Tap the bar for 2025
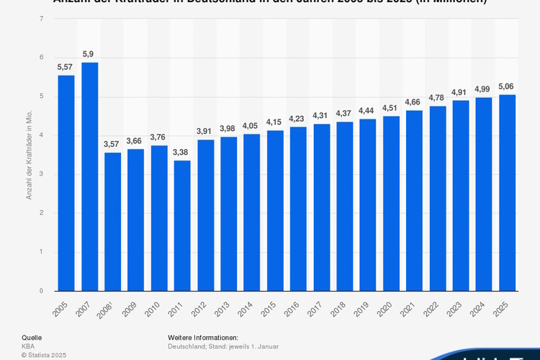click(x=508, y=193)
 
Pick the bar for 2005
click(x=66, y=183)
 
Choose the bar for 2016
click(x=298, y=209)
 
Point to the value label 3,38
click(x=182, y=152)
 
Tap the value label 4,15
click(x=275, y=122)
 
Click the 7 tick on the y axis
click(x=41, y=19)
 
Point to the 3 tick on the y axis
click(x=41, y=174)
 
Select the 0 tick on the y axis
click(x=41, y=291)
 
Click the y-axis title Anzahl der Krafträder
click(x=30, y=155)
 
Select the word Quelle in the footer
click(x=32, y=337)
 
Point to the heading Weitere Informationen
click(x=203, y=337)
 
